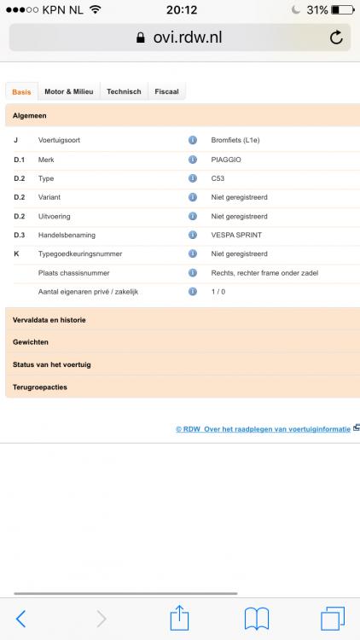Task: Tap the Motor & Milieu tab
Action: pos(69,91)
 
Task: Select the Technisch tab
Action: pos(124,91)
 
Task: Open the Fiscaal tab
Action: pos(166,91)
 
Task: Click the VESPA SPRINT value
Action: pos(235,235)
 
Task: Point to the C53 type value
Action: pos(218,177)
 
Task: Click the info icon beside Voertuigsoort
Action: pos(193,139)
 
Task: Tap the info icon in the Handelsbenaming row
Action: pos(193,235)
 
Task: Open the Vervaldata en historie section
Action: pos(49,319)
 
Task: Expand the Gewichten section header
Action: pos(31,341)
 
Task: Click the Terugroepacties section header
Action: pos(40,387)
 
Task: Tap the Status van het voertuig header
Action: pos(52,364)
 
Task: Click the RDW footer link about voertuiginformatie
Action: pos(263,429)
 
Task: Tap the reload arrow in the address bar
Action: pos(335,38)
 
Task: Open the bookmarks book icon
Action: pos(257,617)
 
